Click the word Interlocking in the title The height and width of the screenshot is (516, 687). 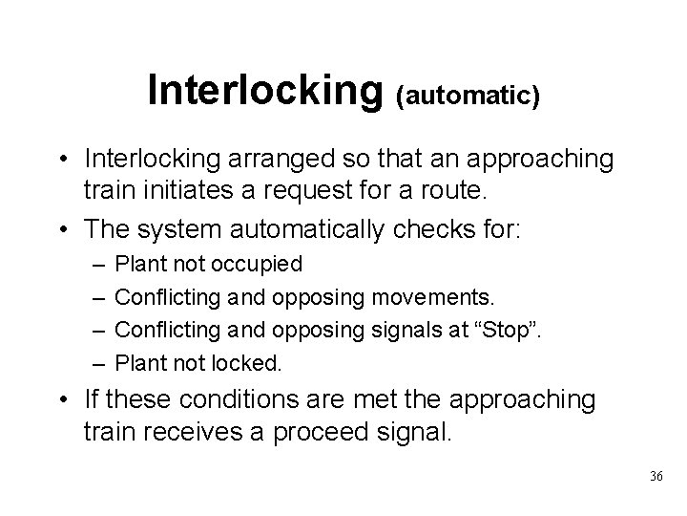[264, 92]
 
